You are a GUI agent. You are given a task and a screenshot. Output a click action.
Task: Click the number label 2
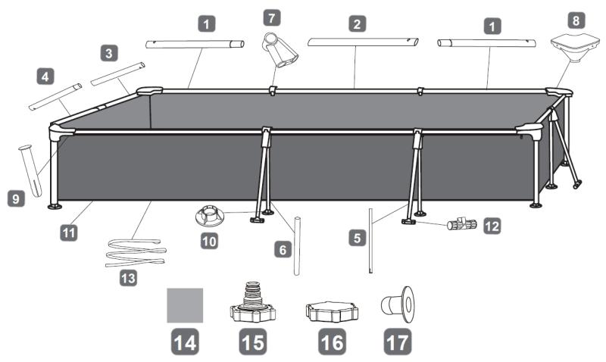[355, 24]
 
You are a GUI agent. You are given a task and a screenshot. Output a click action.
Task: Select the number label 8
[576, 20]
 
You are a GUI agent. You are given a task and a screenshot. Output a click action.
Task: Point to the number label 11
[68, 234]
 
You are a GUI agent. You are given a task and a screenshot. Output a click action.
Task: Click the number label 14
[186, 342]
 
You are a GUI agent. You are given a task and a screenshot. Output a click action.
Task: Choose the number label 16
[331, 342]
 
